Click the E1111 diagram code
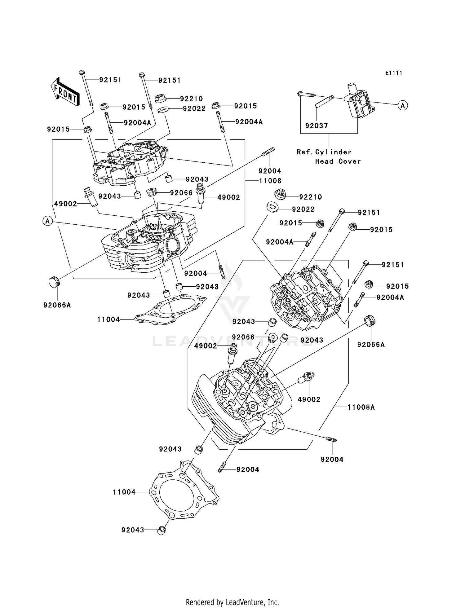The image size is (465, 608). [394, 73]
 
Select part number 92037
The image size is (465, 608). [316, 126]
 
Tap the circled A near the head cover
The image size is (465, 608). [402, 106]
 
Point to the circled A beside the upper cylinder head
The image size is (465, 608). [47, 221]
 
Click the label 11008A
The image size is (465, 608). [361, 407]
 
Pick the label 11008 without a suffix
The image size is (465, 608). [270, 181]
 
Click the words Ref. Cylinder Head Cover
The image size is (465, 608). [329, 156]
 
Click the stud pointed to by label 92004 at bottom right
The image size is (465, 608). [331, 439]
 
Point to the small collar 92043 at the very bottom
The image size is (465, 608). [162, 530]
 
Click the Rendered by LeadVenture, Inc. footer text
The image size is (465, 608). [232, 602]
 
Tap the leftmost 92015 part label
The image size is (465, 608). [58, 129]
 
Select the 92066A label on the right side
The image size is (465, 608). [371, 345]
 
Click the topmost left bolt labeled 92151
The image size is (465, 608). [86, 88]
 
